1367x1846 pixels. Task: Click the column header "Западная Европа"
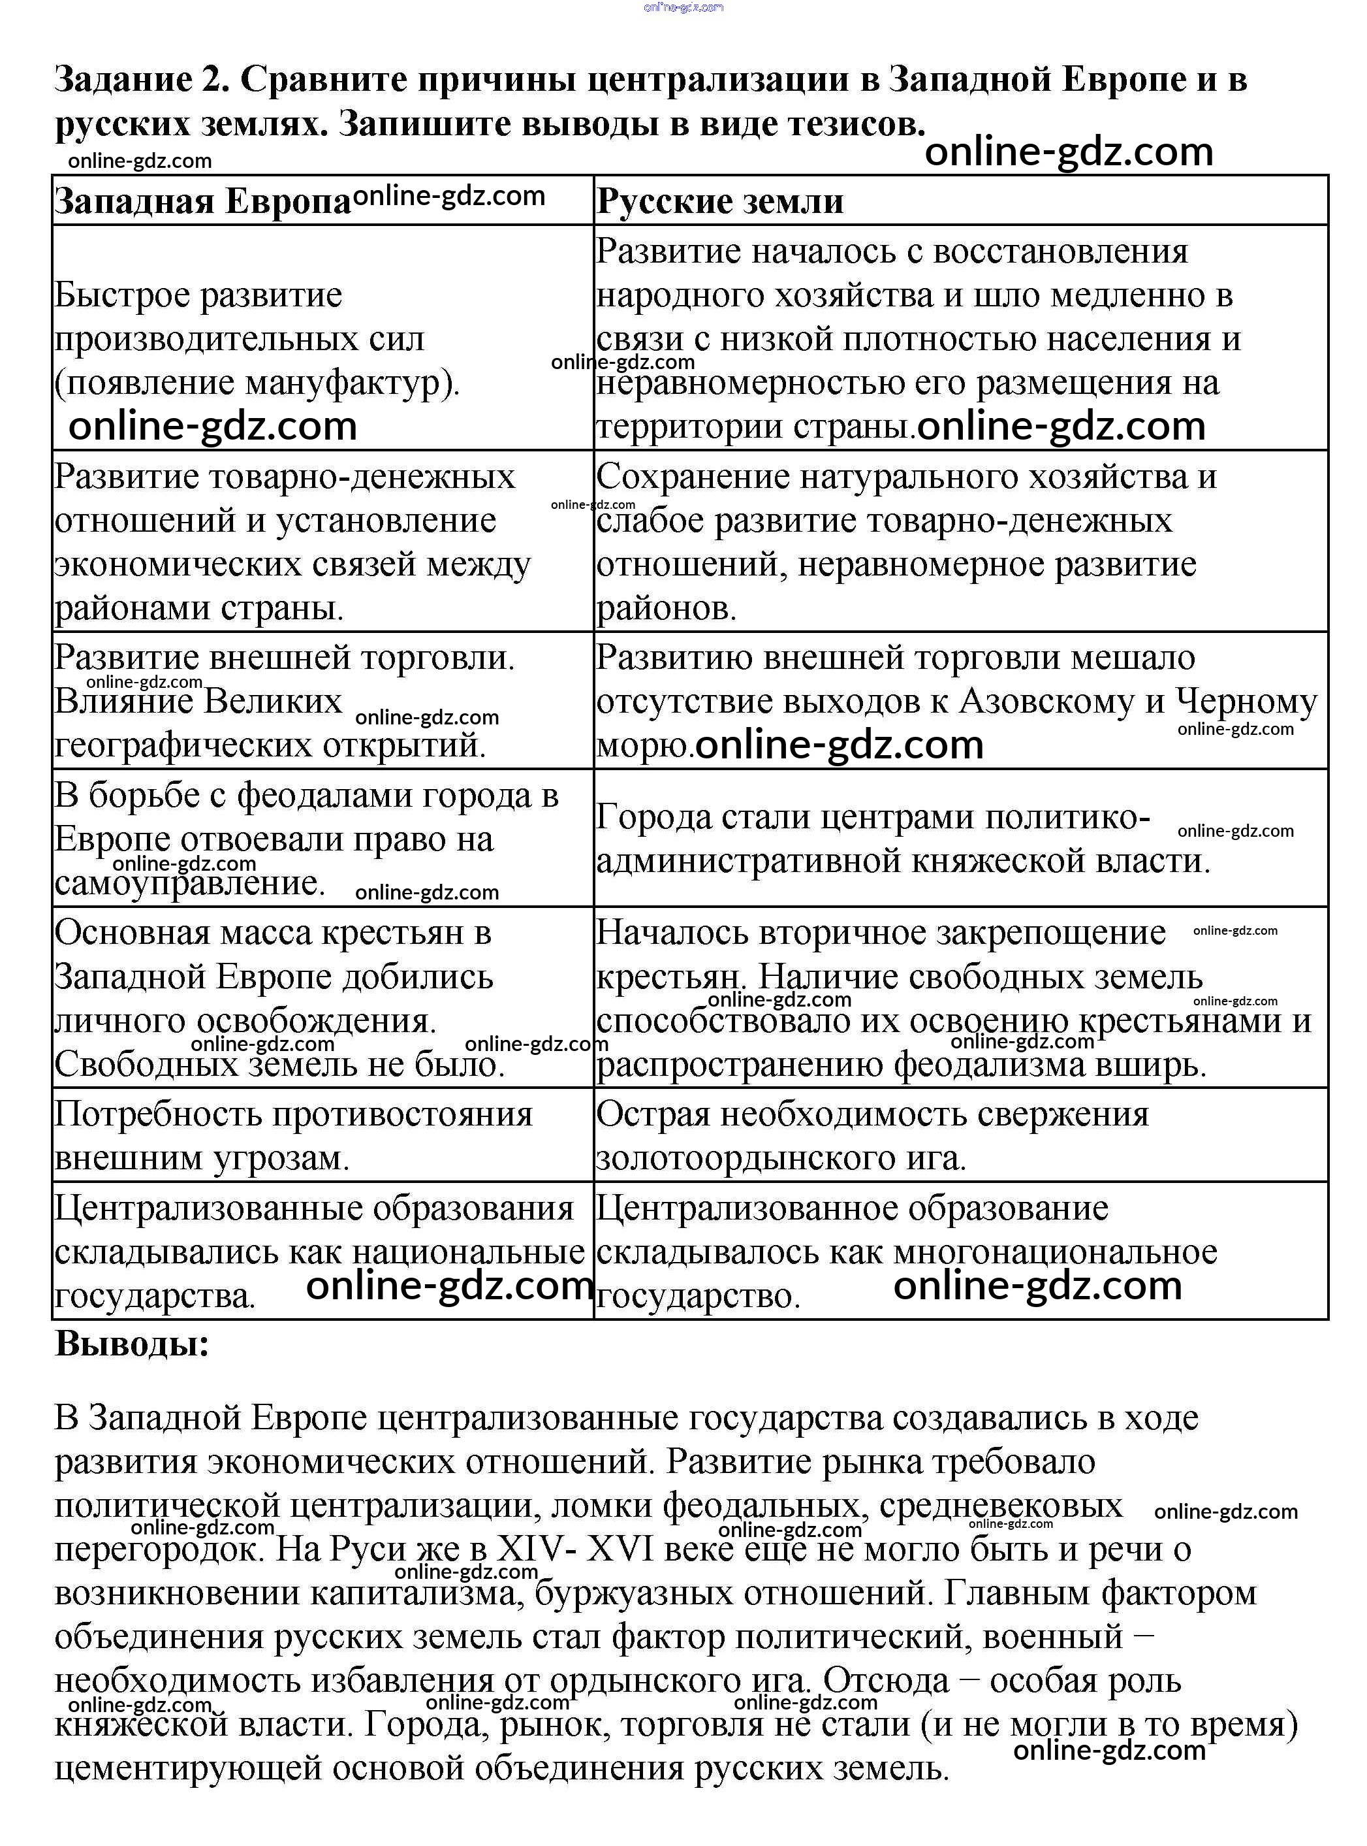point(203,202)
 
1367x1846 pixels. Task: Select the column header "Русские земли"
point(720,202)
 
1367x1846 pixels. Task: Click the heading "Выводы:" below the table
point(133,1344)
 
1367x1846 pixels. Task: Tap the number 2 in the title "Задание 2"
point(206,80)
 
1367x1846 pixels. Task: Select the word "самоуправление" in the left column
point(189,884)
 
